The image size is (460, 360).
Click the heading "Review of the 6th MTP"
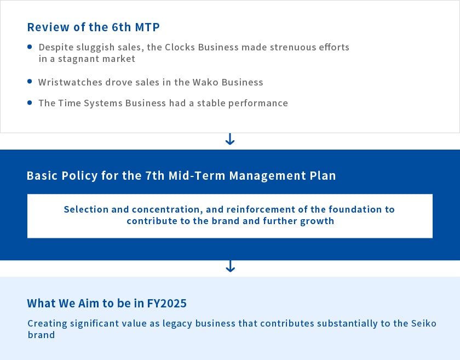(x=93, y=27)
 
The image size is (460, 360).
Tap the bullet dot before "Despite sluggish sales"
(x=30, y=47)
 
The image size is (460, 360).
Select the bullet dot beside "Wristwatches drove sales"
(x=30, y=82)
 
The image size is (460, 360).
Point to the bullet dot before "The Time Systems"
(x=30, y=102)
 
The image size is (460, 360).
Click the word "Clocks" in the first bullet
(x=180, y=47)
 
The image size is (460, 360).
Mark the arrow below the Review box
(x=230, y=139)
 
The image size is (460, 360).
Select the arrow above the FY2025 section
(x=231, y=266)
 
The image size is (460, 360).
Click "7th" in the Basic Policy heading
(x=154, y=175)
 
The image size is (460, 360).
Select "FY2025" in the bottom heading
(x=166, y=304)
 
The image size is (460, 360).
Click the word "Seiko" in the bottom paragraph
(x=424, y=323)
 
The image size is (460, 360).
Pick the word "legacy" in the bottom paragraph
(x=177, y=324)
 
